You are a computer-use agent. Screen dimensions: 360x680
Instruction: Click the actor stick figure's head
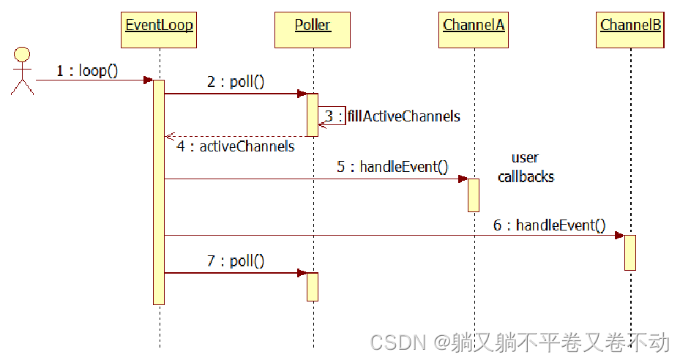coord(23,54)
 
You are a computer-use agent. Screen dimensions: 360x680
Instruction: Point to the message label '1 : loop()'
coord(86,72)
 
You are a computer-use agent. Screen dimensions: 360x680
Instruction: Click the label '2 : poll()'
coord(235,82)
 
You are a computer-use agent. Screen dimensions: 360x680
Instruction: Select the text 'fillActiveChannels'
coord(404,116)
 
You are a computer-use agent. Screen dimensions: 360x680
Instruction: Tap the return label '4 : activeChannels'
coord(235,146)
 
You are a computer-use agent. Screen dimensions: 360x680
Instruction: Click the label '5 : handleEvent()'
coord(392,167)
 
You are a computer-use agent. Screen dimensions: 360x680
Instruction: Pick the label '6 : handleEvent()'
coord(549,225)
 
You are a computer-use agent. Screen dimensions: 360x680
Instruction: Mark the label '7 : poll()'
coord(235,261)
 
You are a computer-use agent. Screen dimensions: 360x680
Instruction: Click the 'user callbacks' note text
coord(526,167)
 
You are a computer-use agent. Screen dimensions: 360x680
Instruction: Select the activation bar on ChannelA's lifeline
coord(474,195)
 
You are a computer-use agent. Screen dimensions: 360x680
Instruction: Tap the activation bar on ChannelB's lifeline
coord(630,252)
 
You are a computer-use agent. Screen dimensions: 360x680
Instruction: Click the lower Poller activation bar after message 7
coord(313,286)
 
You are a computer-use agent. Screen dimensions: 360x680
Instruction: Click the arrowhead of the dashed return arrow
coord(169,136)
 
